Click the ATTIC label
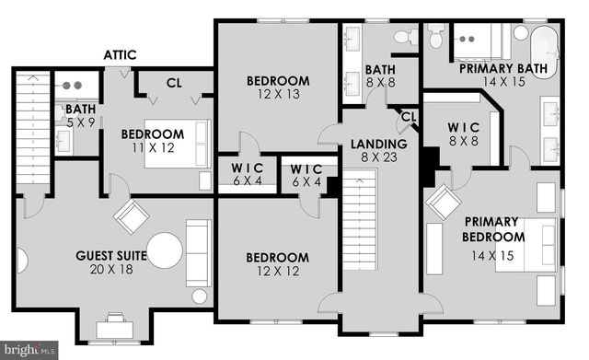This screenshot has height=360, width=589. [x=121, y=55]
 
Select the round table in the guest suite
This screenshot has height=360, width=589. [x=164, y=250]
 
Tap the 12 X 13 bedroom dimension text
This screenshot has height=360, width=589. [x=278, y=94]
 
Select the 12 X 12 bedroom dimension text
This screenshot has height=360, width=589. [x=277, y=270]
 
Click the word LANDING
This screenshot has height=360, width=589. [x=378, y=145]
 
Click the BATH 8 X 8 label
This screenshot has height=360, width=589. [x=380, y=75]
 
